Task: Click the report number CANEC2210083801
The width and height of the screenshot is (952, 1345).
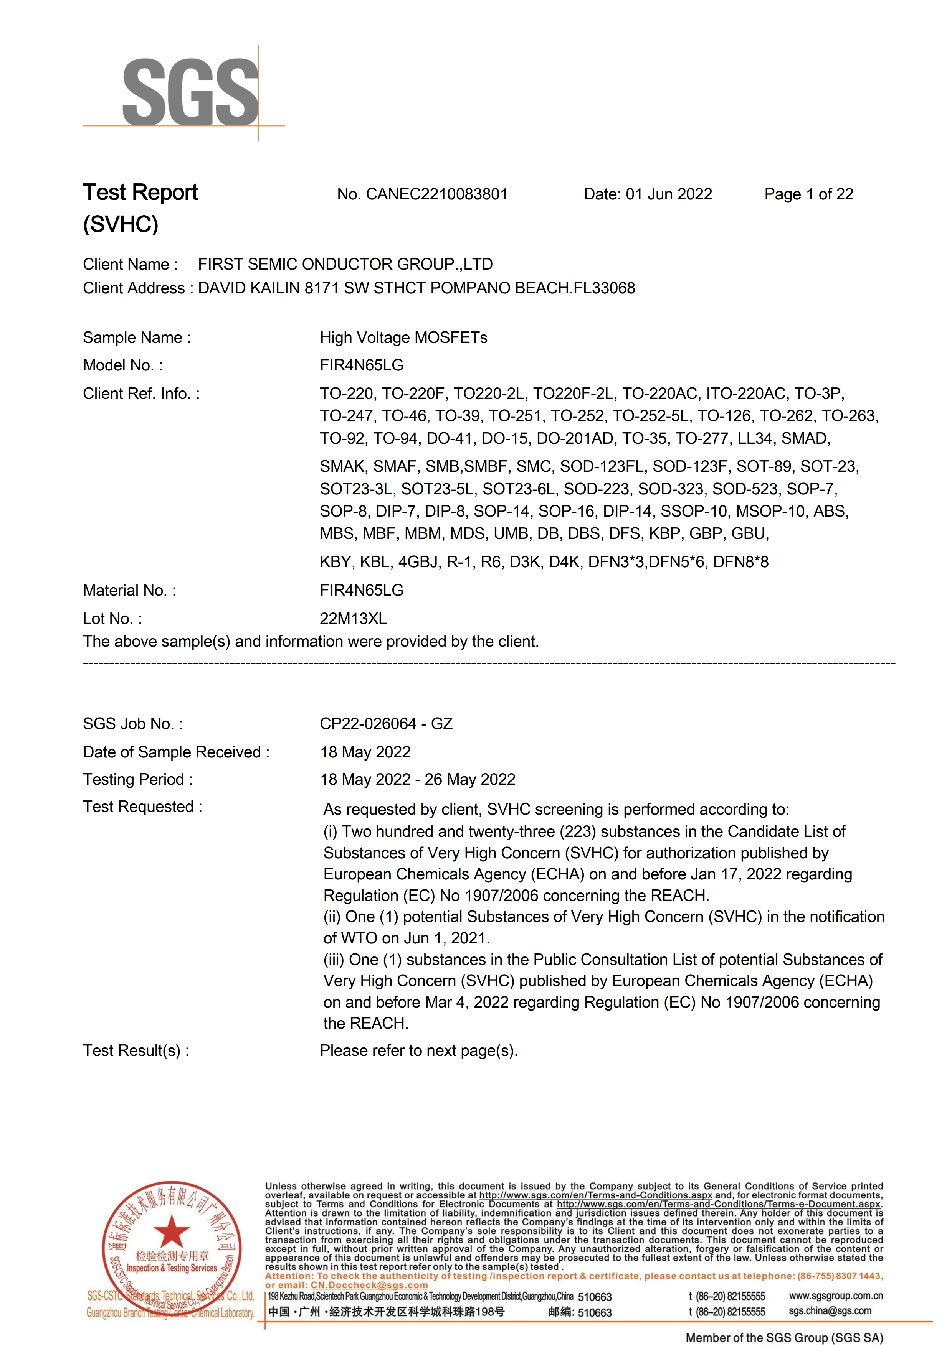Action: [x=437, y=194]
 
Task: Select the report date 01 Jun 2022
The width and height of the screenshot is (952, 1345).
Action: [x=669, y=194]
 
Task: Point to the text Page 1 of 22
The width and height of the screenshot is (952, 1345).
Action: [x=808, y=194]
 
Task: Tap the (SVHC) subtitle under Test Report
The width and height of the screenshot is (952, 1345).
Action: [x=121, y=224]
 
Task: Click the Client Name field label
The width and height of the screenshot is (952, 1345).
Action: [x=130, y=265]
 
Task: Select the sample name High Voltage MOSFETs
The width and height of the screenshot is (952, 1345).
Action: [x=403, y=338]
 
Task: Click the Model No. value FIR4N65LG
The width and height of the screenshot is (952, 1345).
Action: [x=361, y=365]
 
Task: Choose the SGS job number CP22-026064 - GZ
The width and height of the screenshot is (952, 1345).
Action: [x=386, y=724]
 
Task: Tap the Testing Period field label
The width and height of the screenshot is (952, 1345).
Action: [x=138, y=780]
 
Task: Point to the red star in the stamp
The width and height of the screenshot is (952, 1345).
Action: [x=171, y=1230]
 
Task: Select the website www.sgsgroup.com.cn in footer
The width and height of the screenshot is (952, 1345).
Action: [x=835, y=1296]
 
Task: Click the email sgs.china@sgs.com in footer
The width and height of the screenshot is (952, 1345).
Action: [x=830, y=1311]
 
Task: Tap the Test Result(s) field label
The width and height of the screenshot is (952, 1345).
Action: [x=136, y=1051]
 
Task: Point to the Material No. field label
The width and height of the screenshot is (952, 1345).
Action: [x=129, y=591]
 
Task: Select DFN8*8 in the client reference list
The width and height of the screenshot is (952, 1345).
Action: [x=740, y=562]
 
